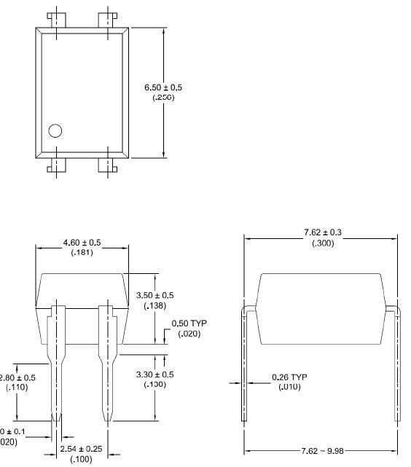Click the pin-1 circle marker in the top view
(x=55, y=131)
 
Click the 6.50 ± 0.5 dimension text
(x=163, y=87)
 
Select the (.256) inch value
(x=163, y=97)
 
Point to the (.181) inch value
(x=82, y=253)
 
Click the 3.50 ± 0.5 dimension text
(x=155, y=295)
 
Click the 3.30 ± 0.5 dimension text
(x=155, y=374)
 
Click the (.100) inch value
(x=81, y=459)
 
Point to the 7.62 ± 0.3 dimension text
(x=323, y=232)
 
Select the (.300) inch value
(x=323, y=243)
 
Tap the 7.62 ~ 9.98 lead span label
(x=322, y=450)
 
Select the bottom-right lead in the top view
(x=107, y=166)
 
